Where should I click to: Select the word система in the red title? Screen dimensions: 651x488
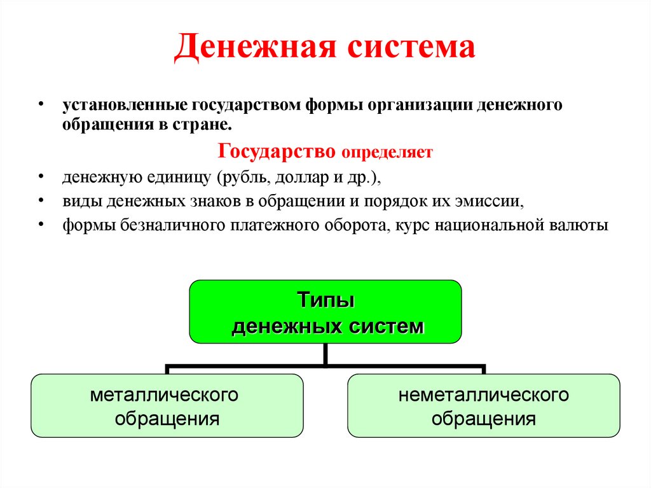pos(411,48)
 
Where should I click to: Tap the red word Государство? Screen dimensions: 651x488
pos(277,151)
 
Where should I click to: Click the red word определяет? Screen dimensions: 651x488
pos(387,153)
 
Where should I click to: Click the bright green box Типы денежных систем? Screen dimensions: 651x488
pos(325,312)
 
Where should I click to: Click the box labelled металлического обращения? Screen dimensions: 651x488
pos(167,405)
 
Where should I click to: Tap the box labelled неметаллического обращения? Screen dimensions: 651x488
pos(483,405)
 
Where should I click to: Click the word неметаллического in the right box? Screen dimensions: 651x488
pos(483,395)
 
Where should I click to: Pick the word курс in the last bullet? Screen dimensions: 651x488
pos(409,225)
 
